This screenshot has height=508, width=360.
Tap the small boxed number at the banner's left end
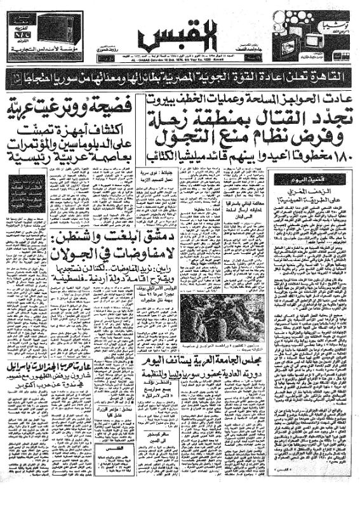coord(15,80)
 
